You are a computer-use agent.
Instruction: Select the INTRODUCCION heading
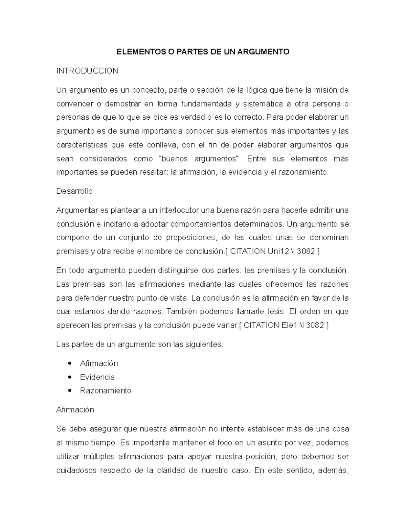click(87, 71)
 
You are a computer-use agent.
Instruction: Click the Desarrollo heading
click(74, 191)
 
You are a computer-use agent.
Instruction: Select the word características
click(82, 145)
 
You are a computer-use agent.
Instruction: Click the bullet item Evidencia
click(97, 377)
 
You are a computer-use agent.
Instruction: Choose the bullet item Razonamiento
click(106, 391)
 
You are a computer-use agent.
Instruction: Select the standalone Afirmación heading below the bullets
click(75, 410)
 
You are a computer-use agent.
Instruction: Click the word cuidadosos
click(76, 471)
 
